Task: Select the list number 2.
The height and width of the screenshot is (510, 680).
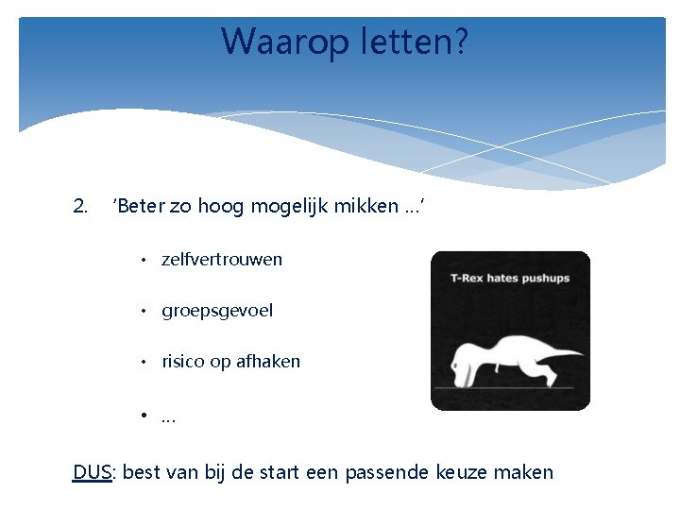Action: pyautogui.click(x=80, y=206)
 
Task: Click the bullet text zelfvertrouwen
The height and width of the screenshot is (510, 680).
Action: pyautogui.click(x=222, y=259)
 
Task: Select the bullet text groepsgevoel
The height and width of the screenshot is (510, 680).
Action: pyautogui.click(x=217, y=311)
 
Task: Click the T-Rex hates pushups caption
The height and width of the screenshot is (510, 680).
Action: pyautogui.click(x=510, y=279)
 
